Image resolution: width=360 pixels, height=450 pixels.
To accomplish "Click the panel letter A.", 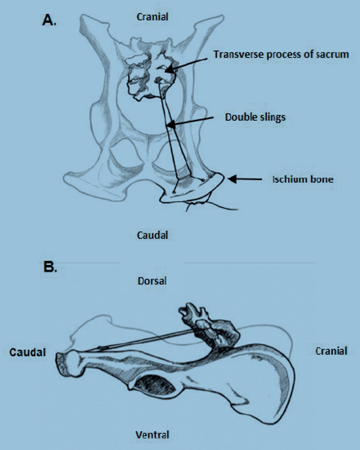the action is [x=49, y=20].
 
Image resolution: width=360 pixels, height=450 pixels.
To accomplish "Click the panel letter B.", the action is [x=50, y=267].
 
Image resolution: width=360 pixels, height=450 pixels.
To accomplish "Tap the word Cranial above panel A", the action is [x=153, y=16].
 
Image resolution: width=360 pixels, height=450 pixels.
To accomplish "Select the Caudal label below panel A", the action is [x=153, y=235].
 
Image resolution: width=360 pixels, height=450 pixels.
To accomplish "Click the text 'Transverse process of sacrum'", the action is [x=281, y=54].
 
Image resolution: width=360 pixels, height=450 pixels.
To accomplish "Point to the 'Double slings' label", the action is [x=255, y=117].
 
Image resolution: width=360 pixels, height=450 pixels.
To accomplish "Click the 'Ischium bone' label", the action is [x=303, y=179].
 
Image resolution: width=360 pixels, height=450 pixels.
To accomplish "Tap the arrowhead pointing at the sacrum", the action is [x=170, y=69].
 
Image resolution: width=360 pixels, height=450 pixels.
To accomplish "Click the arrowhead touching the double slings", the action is [x=171, y=124].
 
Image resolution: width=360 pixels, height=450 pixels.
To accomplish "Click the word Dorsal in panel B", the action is [x=152, y=281].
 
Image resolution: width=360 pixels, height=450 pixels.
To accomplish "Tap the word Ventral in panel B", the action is [x=153, y=435].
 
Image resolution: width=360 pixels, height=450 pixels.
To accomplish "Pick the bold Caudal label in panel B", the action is [x=27, y=352].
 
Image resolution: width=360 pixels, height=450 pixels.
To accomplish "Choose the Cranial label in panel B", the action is [x=331, y=351].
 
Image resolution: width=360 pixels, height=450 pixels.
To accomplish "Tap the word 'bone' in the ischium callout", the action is [x=323, y=179].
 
